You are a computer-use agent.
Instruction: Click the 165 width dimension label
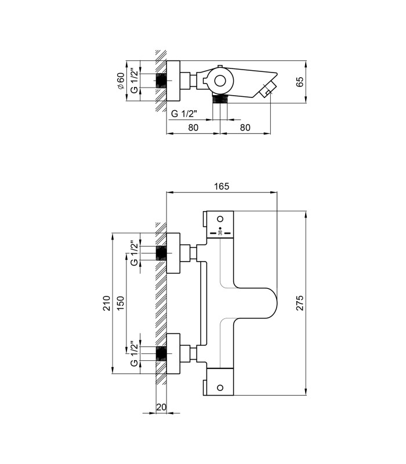coord(222,186)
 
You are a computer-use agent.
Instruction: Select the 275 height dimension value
coord(300,303)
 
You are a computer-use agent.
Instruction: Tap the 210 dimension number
coord(107,303)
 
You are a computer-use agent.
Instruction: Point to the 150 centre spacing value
coord(121,303)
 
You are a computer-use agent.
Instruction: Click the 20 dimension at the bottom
coord(161,407)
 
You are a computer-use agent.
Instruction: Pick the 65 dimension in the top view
coord(300,82)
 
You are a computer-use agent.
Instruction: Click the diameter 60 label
coord(121,81)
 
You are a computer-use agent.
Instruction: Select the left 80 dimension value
coord(193,128)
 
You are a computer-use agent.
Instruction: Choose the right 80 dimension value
coord(245,128)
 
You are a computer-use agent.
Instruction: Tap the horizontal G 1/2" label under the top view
coord(184,113)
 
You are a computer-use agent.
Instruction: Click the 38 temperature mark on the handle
coord(220,233)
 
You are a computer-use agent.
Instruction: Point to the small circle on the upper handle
coord(220,219)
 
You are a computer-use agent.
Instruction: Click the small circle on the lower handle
coord(220,387)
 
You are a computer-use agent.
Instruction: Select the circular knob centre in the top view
coord(220,81)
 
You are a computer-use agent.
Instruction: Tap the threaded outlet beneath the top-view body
coord(220,99)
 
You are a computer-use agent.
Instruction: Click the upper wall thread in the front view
coord(161,253)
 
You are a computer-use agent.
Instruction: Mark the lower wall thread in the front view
coord(161,353)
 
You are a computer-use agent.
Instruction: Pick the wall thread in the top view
coord(161,81)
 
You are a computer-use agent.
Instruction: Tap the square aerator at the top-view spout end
coord(268,89)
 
